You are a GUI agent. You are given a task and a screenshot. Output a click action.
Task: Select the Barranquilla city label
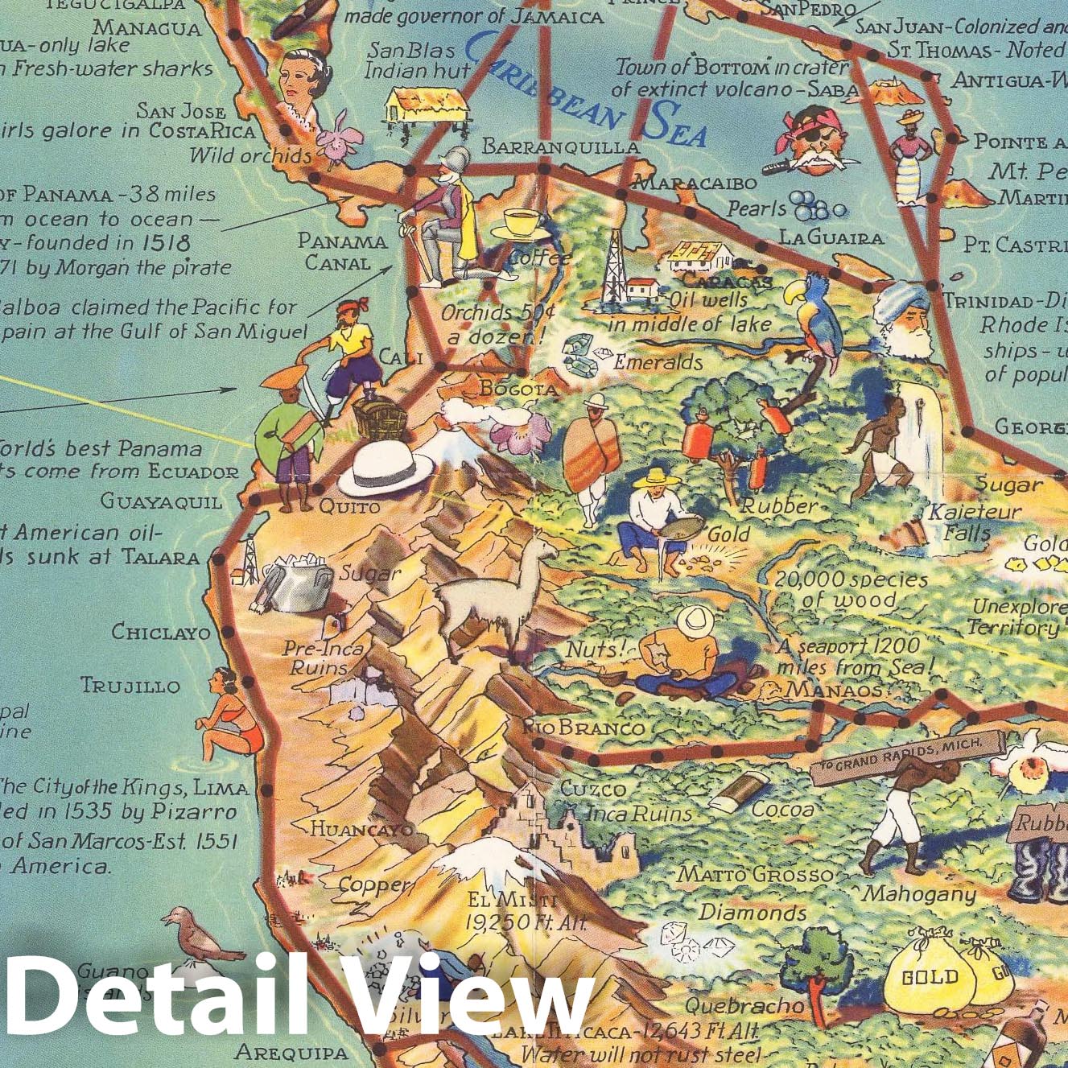point(560,146)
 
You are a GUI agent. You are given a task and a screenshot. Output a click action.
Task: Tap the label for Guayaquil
point(161,501)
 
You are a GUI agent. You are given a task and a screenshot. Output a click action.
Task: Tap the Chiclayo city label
point(161,632)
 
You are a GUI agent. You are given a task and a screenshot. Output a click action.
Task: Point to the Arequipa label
point(291,1051)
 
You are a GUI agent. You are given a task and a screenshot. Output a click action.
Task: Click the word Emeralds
point(658,363)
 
